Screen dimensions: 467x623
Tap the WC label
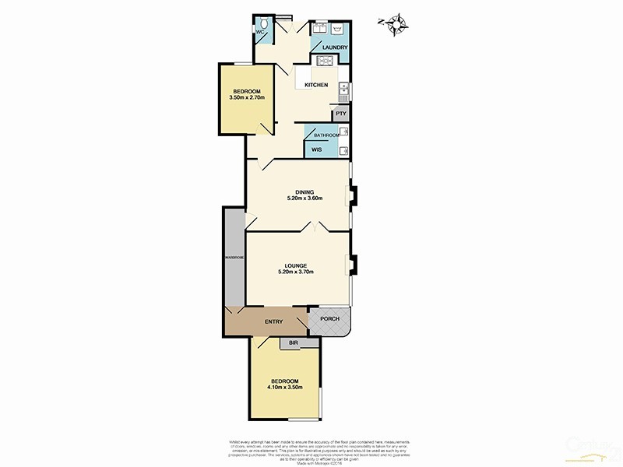pos(260,33)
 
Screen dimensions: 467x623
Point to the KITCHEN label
pos(315,85)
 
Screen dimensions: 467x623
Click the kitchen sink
pos(343,93)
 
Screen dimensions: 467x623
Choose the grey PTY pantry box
pos(340,114)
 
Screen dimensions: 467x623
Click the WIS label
pos(316,149)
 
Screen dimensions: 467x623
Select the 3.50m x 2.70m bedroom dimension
pos(248,98)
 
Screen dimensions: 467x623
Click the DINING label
pos(304,191)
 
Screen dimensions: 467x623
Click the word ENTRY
pos(273,322)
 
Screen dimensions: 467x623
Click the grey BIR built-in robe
pos(294,342)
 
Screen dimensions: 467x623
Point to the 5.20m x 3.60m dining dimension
pos(304,198)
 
